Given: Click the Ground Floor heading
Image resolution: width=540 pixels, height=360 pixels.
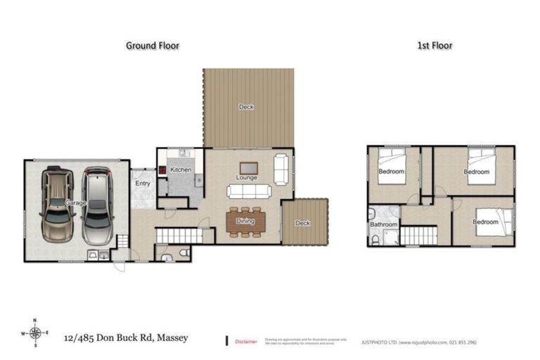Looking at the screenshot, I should (153, 46).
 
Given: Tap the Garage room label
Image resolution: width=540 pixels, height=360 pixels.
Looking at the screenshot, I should (75, 203).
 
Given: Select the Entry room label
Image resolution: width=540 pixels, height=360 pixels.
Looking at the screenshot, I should (143, 184).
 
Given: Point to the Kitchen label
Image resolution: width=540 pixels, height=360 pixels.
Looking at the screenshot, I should (181, 170).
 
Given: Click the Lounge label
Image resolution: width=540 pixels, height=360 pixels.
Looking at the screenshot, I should (246, 178).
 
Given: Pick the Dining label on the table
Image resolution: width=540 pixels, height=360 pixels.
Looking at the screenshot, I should (246, 221).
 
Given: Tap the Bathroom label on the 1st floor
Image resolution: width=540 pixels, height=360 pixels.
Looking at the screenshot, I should (384, 225).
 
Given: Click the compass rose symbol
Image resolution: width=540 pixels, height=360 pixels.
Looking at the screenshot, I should (35, 333).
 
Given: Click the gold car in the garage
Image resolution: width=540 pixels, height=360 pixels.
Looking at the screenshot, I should (56, 204).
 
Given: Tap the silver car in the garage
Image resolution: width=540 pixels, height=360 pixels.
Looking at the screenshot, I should (96, 204).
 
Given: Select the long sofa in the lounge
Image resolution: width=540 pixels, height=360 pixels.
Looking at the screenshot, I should (248, 191).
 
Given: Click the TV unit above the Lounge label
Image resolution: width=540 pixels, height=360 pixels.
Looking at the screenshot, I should (248, 167).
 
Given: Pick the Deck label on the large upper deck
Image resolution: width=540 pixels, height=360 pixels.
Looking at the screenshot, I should (246, 107).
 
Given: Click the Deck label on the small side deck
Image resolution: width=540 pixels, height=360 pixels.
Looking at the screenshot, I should (302, 223).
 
